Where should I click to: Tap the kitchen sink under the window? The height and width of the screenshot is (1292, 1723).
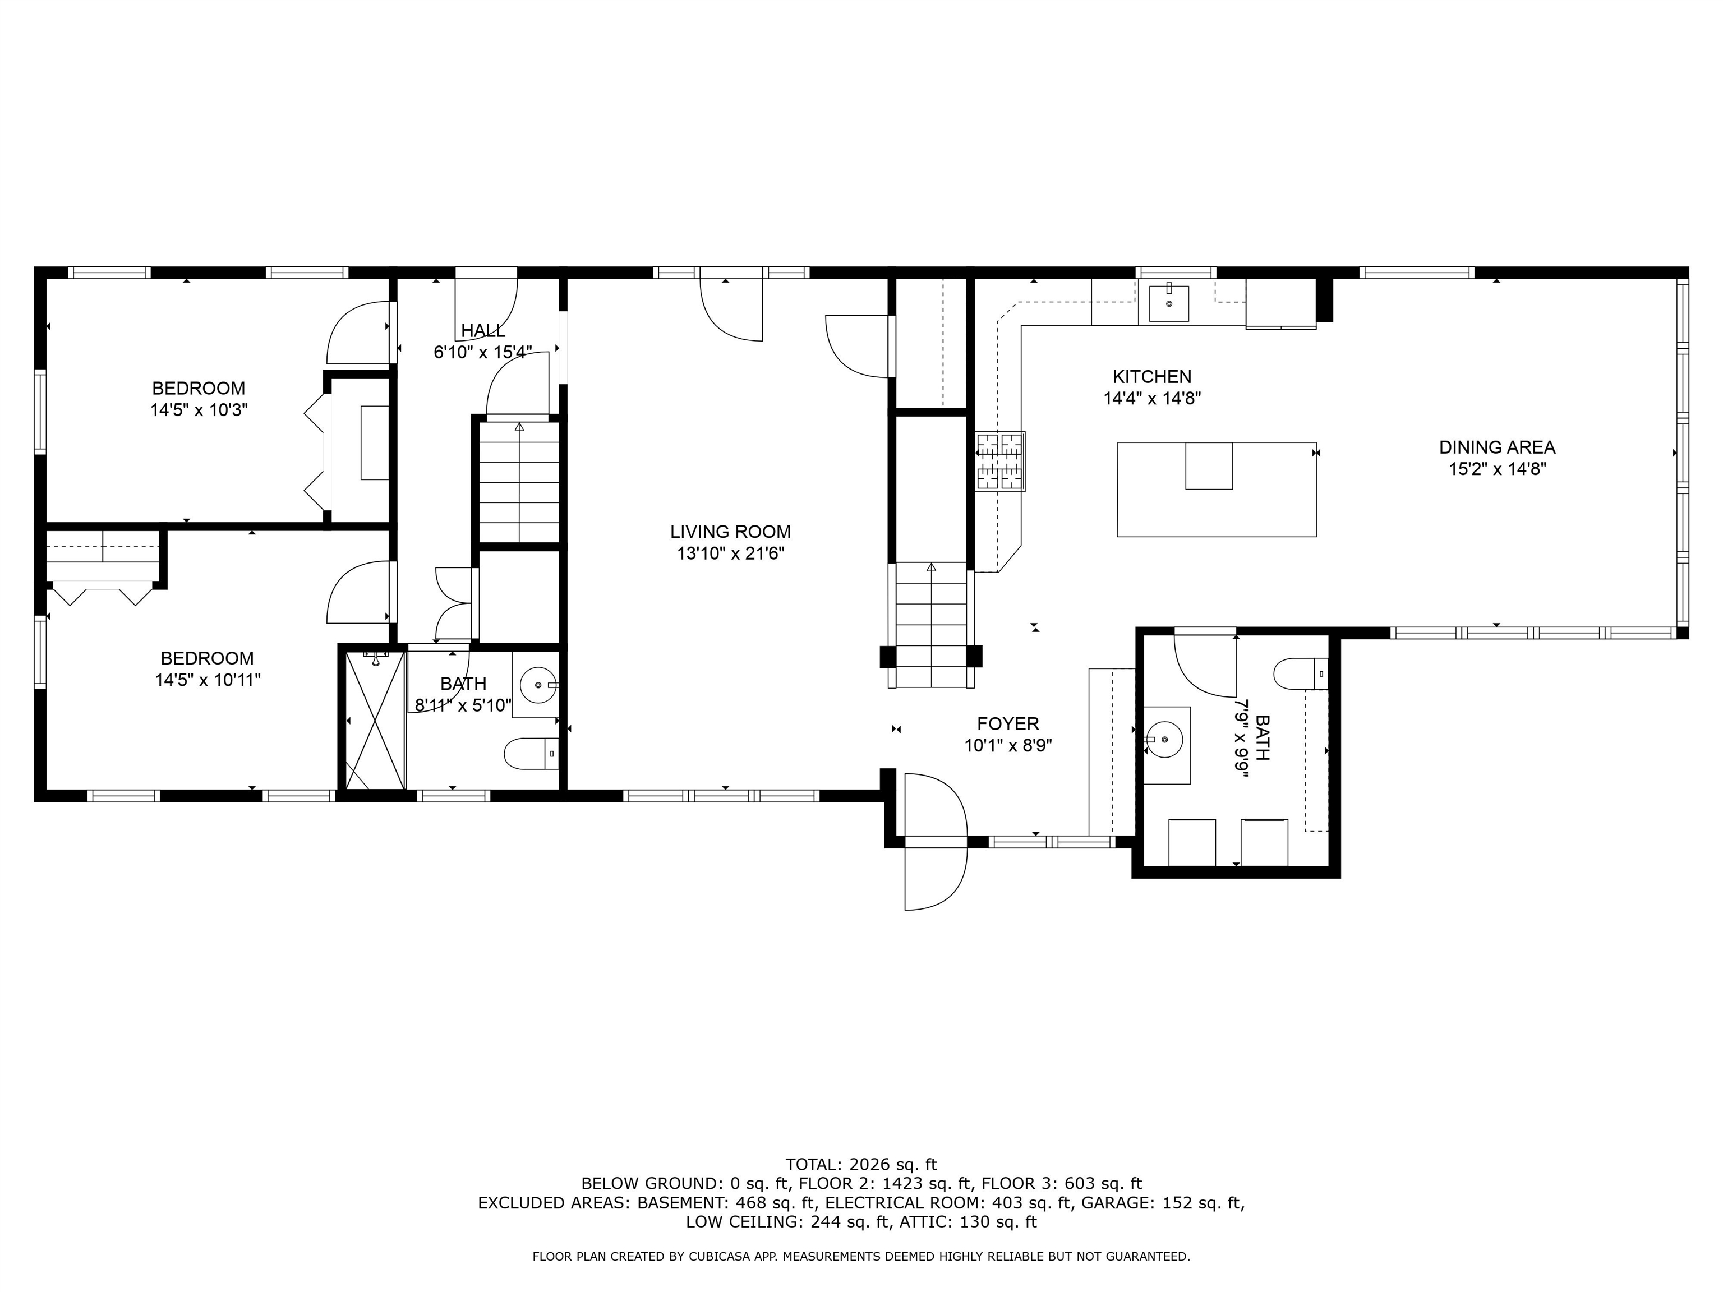pyautogui.click(x=1168, y=303)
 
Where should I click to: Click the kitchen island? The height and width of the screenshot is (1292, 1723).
pyautogui.click(x=1216, y=489)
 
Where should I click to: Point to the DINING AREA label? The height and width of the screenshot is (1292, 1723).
pyautogui.click(x=1496, y=447)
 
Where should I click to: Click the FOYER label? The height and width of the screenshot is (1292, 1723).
pyautogui.click(x=1008, y=725)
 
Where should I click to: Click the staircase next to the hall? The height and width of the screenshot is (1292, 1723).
pyautogui.click(x=519, y=481)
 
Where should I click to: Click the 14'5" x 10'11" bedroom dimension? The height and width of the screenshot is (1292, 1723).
pyautogui.click(x=207, y=680)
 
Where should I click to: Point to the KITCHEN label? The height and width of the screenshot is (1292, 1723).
pyautogui.click(x=1151, y=377)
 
